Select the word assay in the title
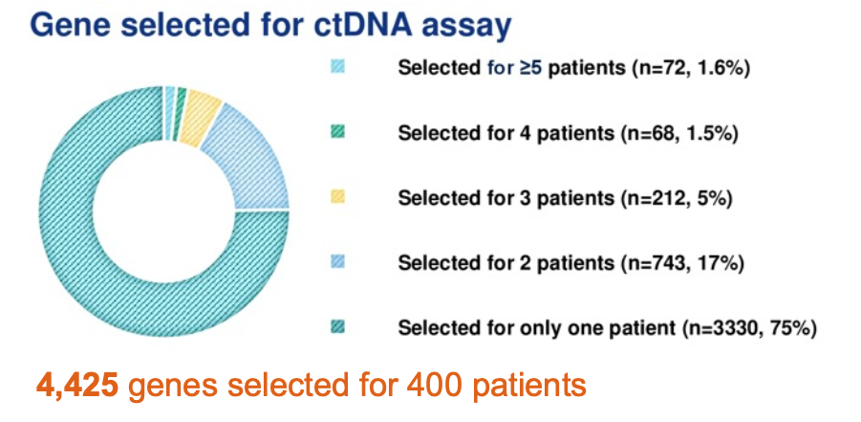point(470,29)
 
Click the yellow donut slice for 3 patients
point(200,112)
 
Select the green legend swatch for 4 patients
point(337,132)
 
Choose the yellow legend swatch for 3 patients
point(337,197)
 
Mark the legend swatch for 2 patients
point(337,262)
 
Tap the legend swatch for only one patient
point(337,327)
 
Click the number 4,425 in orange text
point(77,387)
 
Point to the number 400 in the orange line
point(430,385)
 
